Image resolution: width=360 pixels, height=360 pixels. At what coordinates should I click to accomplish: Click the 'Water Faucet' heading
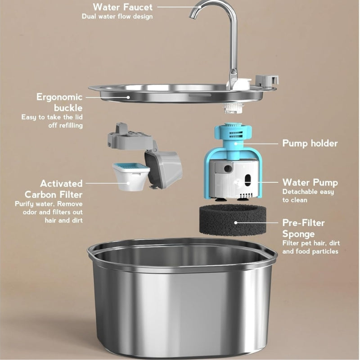pos(122,7)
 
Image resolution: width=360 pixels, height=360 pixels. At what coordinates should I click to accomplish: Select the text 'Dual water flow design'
pos(117,17)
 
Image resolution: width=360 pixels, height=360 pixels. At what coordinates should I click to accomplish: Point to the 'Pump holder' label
pos(309,143)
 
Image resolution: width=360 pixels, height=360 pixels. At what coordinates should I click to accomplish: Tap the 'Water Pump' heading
pos(310,182)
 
